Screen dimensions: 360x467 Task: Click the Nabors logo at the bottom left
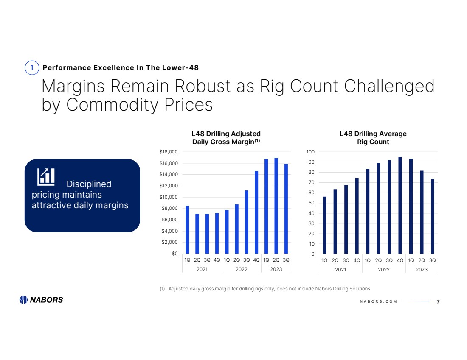point(41,300)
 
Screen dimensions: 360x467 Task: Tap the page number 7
point(438,301)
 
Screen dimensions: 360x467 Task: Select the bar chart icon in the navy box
point(46,176)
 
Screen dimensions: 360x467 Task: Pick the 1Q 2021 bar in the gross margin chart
point(187,229)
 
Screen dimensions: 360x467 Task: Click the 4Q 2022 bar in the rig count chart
point(400,205)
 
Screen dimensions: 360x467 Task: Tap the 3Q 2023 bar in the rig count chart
point(433,216)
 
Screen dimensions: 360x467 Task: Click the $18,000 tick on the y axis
point(169,152)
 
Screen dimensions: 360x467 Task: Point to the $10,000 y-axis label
point(169,197)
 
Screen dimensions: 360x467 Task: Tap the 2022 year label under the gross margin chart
point(241,269)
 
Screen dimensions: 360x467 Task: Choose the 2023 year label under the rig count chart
point(422,269)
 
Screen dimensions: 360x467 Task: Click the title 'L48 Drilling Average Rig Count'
point(373,138)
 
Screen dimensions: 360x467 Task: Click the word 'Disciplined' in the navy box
point(89,184)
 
